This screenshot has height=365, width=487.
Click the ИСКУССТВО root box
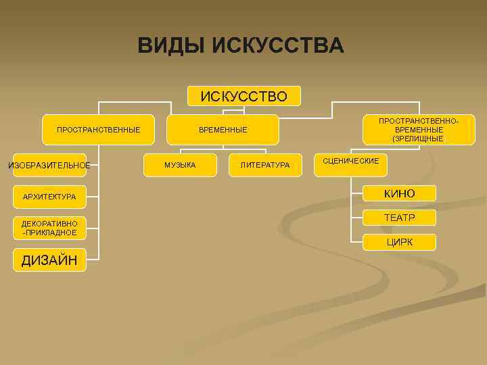point(243,97)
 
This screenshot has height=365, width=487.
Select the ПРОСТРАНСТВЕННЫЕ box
point(98,129)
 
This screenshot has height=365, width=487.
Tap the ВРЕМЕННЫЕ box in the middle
point(223,129)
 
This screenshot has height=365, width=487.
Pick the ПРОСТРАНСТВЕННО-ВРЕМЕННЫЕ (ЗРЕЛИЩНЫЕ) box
point(419,129)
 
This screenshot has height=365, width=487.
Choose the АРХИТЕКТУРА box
point(49,197)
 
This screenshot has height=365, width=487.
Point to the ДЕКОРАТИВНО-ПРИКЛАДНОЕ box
point(49,228)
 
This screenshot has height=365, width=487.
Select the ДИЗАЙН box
point(49,260)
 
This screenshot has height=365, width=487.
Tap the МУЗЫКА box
point(181,165)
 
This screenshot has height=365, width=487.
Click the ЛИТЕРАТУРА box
point(264,165)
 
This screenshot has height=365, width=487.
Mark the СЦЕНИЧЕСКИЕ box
point(351,164)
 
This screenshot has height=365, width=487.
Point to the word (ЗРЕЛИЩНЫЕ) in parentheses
point(419,139)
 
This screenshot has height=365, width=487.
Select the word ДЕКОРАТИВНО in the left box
point(49,224)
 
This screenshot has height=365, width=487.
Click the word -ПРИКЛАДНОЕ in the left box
point(49,233)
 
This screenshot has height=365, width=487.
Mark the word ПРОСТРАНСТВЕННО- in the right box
point(419,120)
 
